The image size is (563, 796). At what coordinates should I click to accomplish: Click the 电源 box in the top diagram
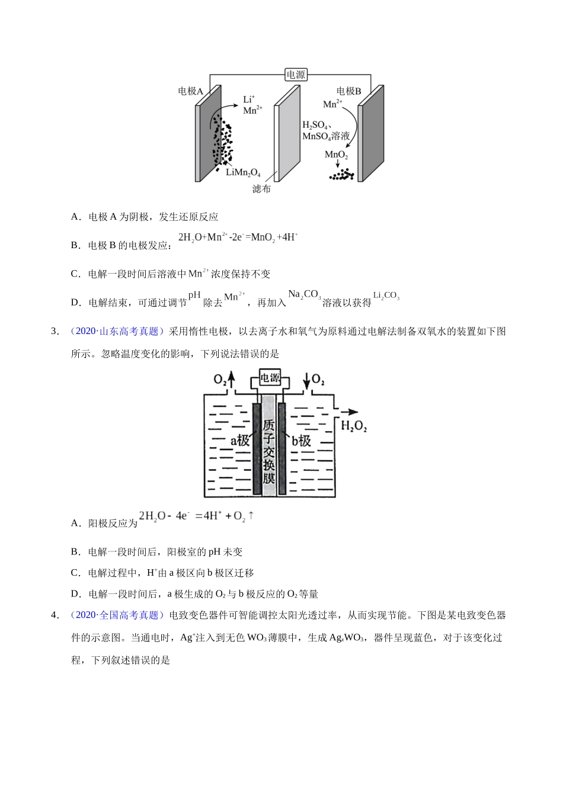point(296,75)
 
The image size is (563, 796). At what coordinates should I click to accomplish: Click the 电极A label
point(190,91)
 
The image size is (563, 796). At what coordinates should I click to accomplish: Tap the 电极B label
point(348,91)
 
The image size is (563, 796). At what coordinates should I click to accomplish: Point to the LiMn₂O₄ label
point(243,172)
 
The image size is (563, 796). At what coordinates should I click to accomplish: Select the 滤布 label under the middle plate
point(261,189)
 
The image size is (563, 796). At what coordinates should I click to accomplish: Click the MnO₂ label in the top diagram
point(336,155)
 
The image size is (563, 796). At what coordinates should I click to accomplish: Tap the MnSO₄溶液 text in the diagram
point(326,136)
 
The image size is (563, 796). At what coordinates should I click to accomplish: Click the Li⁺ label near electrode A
point(249,99)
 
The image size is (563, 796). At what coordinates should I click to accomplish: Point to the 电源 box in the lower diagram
point(270,378)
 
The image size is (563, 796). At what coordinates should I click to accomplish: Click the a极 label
point(240,441)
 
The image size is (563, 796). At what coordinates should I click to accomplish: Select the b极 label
point(301,441)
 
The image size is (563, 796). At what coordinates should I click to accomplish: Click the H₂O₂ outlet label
point(354,426)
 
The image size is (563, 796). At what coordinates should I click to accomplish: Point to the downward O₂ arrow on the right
point(306,380)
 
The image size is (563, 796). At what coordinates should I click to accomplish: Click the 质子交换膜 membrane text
point(269,451)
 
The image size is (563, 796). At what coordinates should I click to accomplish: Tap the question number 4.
point(55,615)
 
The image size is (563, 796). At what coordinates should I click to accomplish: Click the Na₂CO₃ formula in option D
point(304,295)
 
